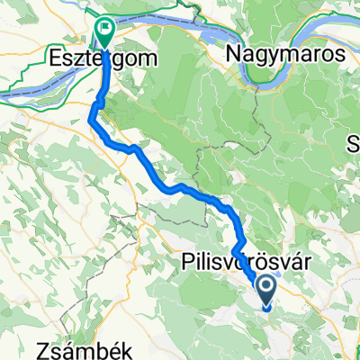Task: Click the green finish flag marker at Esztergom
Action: click(104, 32)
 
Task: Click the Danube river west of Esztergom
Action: click(27, 85)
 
